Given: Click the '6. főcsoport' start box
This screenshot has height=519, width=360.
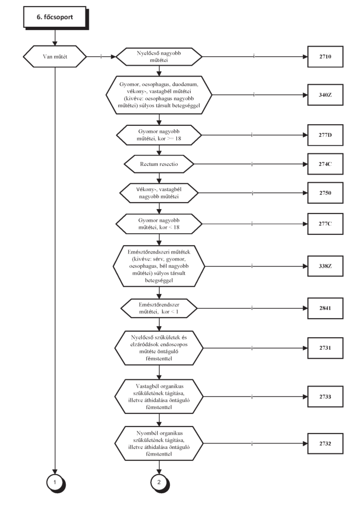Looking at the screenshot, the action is click(55, 17).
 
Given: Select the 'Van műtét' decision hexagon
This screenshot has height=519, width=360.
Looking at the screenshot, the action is click(55, 56).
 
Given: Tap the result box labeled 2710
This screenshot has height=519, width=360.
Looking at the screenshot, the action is click(325, 56).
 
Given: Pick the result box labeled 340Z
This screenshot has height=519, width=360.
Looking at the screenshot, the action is click(325, 95).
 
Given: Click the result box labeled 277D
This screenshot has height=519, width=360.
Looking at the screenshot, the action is click(325, 135).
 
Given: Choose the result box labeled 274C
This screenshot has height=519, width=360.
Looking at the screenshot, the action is click(325, 164).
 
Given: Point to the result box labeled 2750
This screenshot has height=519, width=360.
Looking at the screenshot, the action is click(325, 193).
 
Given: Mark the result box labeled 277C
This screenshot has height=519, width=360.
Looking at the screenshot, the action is click(325, 224).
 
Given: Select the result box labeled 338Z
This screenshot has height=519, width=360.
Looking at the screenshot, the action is click(325, 266).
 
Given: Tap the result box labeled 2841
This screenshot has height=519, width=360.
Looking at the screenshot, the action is click(325, 308).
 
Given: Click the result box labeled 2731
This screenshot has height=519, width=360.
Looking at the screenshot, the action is click(325, 348).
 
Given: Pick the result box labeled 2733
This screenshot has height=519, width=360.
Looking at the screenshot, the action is click(325, 396).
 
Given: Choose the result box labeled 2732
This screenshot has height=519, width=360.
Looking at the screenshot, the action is click(325, 443).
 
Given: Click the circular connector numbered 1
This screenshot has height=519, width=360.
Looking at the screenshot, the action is click(55, 483).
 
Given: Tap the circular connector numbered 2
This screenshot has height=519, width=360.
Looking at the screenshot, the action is click(159, 483).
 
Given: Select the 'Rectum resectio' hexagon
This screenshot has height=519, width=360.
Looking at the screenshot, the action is click(159, 164).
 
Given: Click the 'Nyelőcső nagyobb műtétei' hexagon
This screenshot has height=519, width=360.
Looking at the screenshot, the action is click(159, 56).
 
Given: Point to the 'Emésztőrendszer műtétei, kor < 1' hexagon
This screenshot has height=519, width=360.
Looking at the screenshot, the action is click(159, 308).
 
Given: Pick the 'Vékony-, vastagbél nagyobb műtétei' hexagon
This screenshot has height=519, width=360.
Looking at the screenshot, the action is click(159, 193).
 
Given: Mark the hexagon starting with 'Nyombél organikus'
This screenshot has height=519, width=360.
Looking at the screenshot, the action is click(159, 443).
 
